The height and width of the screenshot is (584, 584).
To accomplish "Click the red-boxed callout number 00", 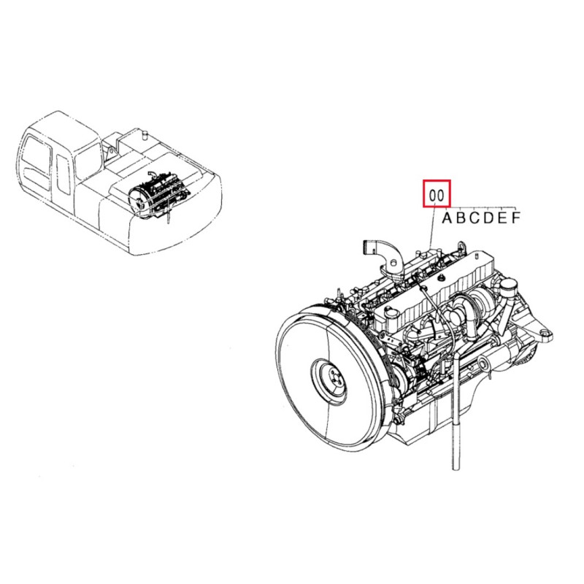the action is pyautogui.click(x=437, y=195).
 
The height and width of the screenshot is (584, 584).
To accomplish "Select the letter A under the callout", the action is pyautogui.click(x=447, y=218).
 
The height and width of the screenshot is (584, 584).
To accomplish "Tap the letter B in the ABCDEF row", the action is pyautogui.click(x=461, y=218).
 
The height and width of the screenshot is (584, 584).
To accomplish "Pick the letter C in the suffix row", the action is pyautogui.click(x=474, y=218).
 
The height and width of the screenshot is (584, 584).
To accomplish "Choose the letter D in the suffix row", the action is pyautogui.click(x=488, y=218).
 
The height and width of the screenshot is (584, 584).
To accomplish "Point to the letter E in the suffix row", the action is pyautogui.click(x=502, y=218).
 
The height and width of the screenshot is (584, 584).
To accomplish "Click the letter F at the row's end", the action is pyautogui.click(x=515, y=218).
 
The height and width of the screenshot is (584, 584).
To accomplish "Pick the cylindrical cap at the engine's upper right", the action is pyautogui.click(x=507, y=286).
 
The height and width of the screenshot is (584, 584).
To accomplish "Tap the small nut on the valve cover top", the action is pyautogui.click(x=442, y=277).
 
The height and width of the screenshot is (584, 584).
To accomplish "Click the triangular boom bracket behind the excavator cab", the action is pyautogui.click(x=110, y=152).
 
